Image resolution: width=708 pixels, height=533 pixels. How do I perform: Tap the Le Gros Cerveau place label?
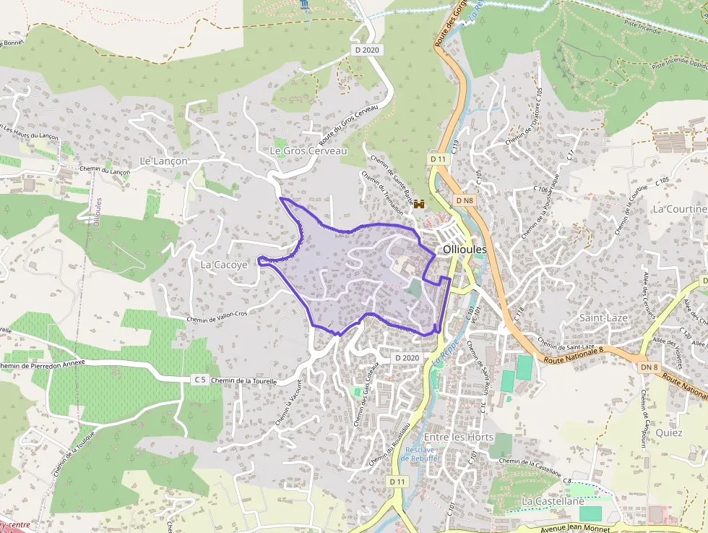pos(308,150)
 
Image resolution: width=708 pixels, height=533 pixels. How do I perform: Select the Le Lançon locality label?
pos(163,161)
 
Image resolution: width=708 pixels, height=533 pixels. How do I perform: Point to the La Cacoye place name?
pos(224,265)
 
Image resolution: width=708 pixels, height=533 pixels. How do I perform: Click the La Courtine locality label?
pos(679,208)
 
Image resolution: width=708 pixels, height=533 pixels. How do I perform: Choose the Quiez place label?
pos(669,432)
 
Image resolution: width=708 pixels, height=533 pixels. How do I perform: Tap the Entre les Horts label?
pos(459,437)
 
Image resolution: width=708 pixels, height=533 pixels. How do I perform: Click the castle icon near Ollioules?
pos(419,205)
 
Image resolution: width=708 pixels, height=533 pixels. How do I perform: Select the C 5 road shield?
pos(200,380)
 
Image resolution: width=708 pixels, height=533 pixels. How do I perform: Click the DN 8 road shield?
pos(649,367)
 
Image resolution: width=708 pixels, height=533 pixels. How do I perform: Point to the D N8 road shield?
pos(465,200)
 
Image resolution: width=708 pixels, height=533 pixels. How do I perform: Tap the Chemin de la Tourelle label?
pos(245,380)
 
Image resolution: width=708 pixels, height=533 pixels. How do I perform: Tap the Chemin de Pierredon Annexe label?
pos(43,363)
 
